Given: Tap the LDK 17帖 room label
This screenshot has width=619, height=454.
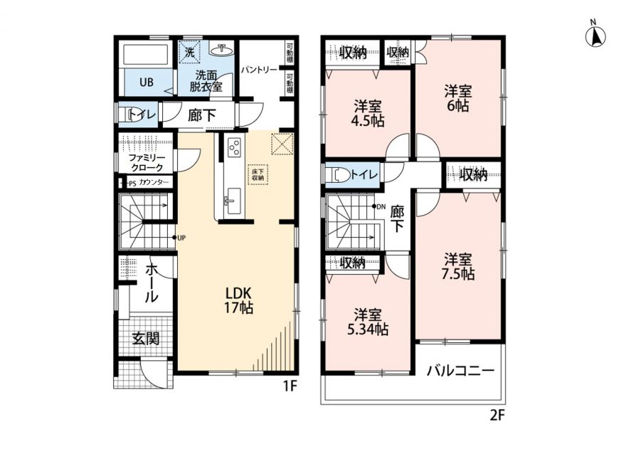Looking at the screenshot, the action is pos(239,300).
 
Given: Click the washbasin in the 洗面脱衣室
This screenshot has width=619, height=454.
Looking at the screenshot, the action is pos(222,50).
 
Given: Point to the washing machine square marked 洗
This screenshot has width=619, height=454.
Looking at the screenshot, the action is pos(190,52).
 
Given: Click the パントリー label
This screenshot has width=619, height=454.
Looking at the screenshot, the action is pos(259,70).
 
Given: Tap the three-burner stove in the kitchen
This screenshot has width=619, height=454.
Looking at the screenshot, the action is pos(235,147).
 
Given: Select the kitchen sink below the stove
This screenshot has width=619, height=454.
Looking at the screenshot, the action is pos(233,201).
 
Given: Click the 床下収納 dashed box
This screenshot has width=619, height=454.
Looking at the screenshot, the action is pos(258,174).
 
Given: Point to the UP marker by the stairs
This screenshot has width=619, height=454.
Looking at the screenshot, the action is pos(179,238).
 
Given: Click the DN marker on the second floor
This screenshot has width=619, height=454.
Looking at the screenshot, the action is pos(379,206).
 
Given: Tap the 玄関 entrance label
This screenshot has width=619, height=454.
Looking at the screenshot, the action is pos(146,338).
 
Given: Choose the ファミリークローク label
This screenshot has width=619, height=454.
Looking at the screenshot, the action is pos(147,162).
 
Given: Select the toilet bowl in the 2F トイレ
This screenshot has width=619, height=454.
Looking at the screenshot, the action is pos(339,174).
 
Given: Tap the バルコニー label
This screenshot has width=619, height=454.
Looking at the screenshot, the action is pos(460,370).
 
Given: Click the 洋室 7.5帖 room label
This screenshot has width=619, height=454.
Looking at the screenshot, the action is pos(458,267).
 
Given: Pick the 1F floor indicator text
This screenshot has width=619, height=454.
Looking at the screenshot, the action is pos(290,386).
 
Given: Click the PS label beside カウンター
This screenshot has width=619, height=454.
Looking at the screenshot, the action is pos(132,184).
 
